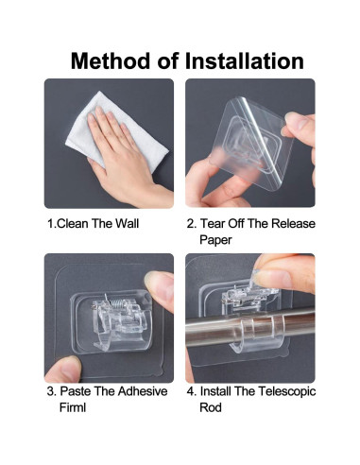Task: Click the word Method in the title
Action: (111, 60)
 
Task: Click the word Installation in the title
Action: (245, 60)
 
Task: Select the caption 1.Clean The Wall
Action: (93, 224)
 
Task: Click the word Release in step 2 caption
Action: (293, 223)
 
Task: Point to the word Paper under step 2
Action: (215, 240)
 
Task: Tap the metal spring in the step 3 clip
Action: (116, 304)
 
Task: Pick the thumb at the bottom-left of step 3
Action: (64, 370)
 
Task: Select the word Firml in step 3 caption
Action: (73, 407)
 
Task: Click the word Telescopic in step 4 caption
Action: (286, 391)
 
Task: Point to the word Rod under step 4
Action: (211, 407)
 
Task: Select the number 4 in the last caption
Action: (190, 391)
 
